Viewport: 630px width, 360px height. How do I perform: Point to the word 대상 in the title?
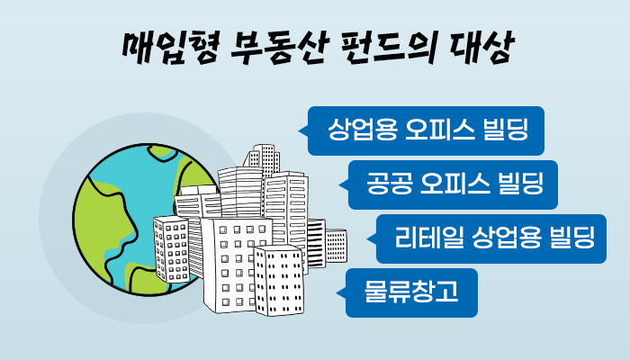(x=481, y=49)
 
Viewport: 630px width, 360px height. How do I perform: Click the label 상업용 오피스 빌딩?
(x=427, y=129)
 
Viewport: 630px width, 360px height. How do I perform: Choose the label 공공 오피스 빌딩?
(x=454, y=184)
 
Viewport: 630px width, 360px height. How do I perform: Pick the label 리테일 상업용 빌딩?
(x=495, y=237)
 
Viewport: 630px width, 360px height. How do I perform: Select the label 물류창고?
(x=411, y=292)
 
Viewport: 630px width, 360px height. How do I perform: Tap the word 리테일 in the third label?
(x=427, y=237)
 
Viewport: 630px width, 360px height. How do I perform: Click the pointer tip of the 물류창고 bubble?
(x=337, y=292)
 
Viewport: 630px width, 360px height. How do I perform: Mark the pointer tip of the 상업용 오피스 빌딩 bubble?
(x=298, y=130)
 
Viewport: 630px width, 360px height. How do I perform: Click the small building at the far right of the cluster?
(x=336, y=245)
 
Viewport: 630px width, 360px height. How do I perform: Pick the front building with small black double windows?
(x=279, y=280)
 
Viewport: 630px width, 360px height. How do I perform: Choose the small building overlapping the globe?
(x=171, y=249)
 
